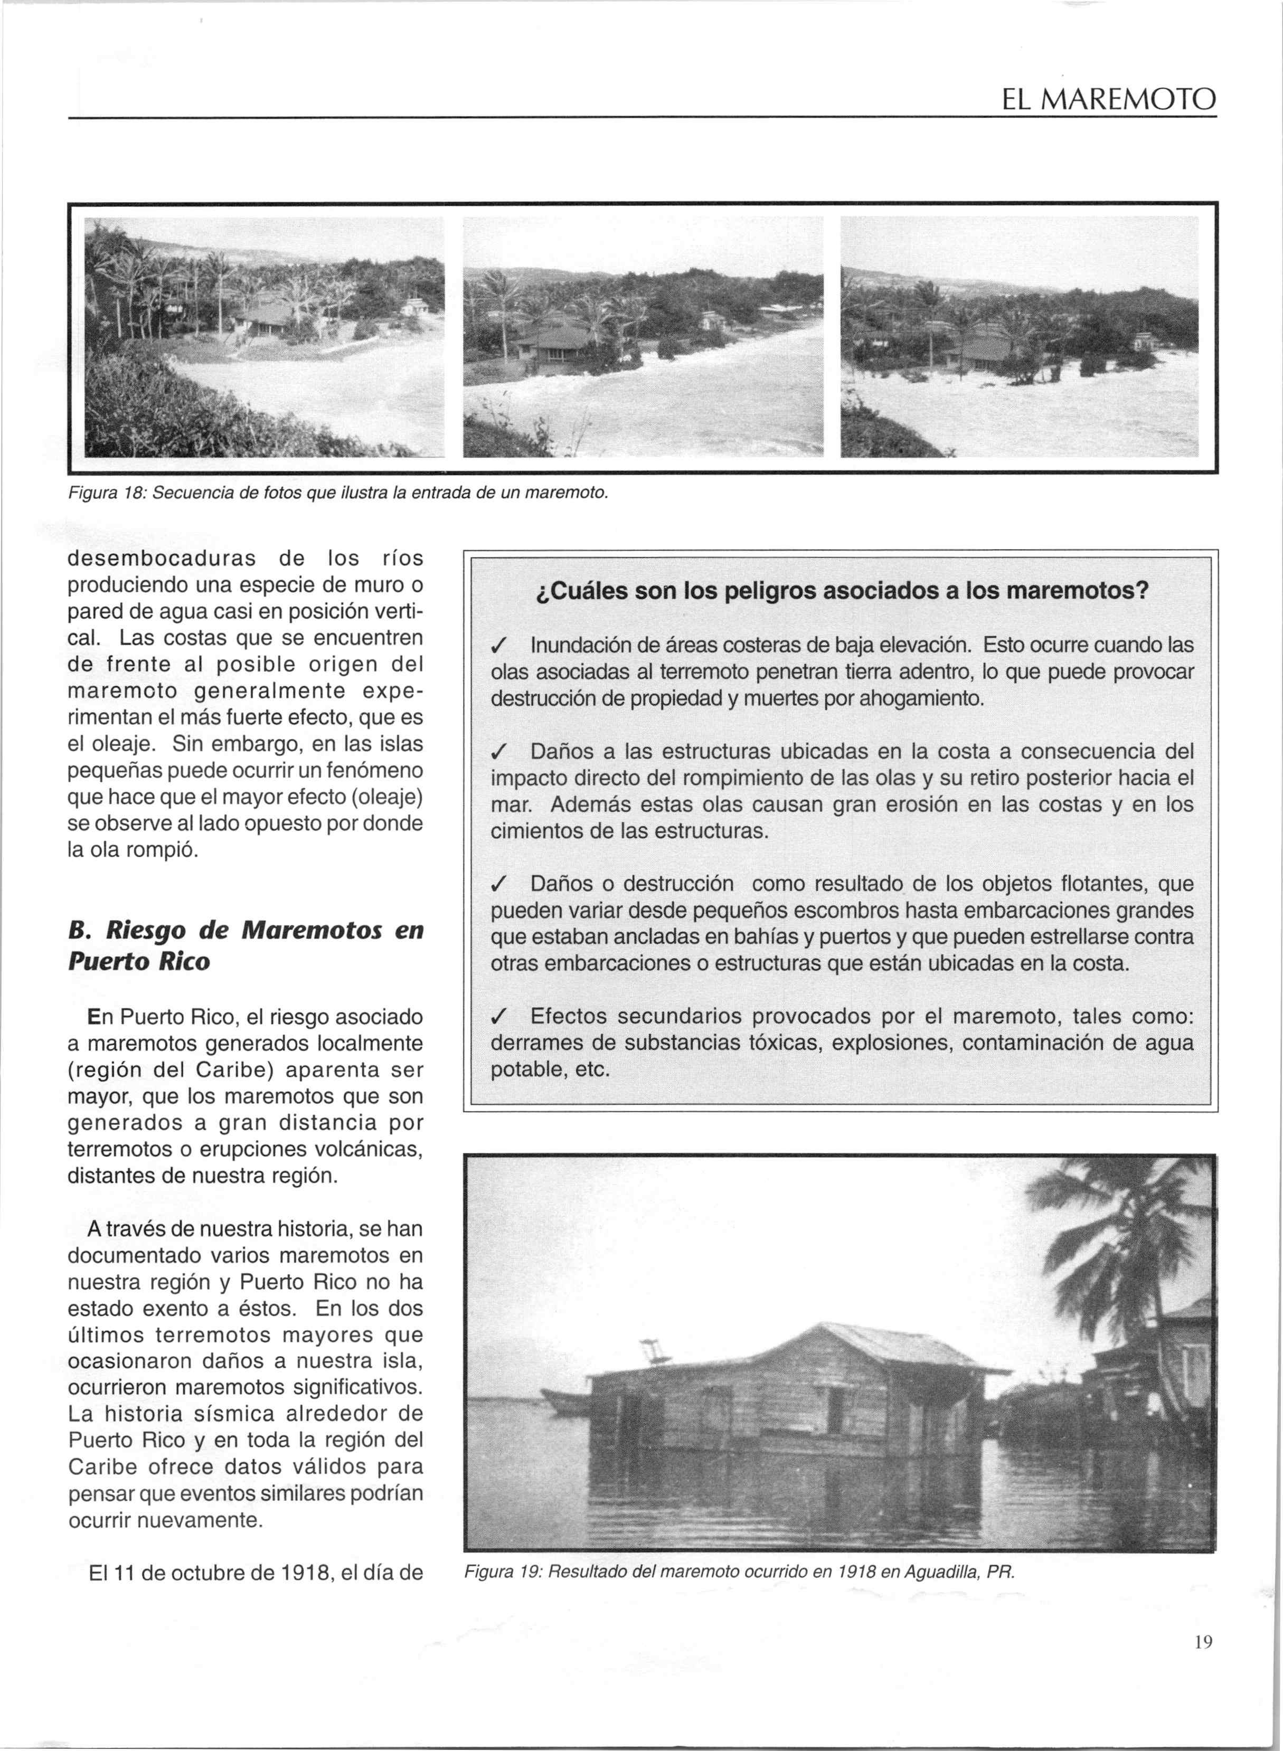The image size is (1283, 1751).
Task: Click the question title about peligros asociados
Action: coord(842,591)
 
